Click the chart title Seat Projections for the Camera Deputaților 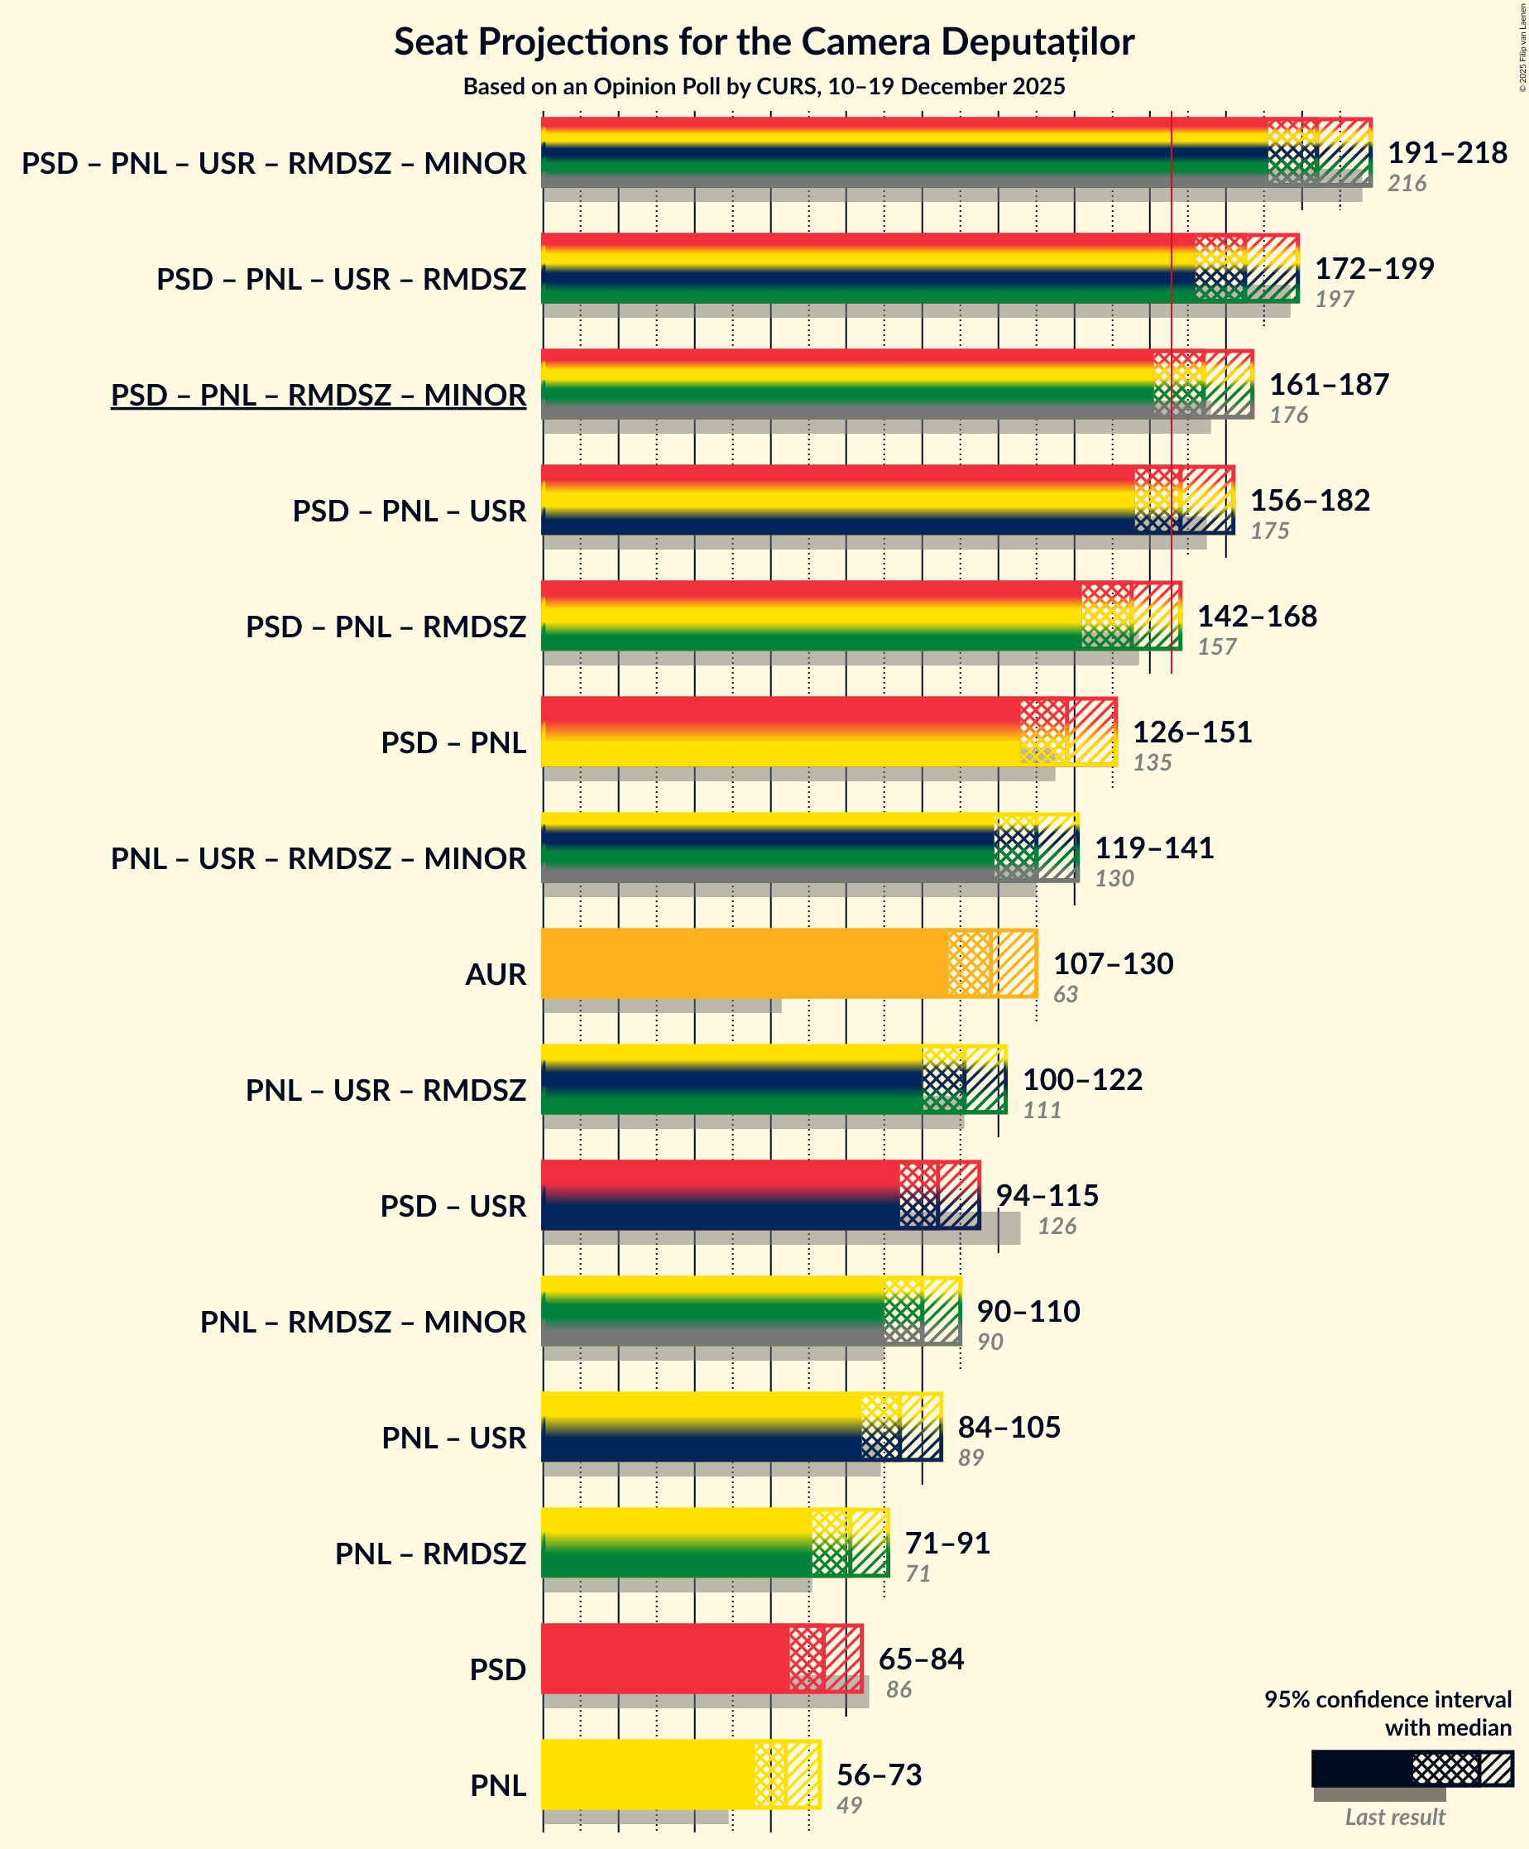click(x=763, y=42)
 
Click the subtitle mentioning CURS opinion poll click(x=763, y=86)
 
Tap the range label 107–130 click(x=1113, y=963)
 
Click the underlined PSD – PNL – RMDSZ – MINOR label click(x=318, y=395)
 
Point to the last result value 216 click(x=1406, y=183)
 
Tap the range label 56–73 click(x=879, y=1775)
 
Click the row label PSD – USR click(x=453, y=1205)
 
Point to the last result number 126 click(x=1057, y=1226)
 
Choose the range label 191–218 click(x=1446, y=152)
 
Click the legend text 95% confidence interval click(x=1388, y=1699)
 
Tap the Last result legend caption click(x=1394, y=1817)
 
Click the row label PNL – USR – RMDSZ click(x=386, y=1090)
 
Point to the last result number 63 click(x=1065, y=994)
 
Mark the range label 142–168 click(x=1256, y=616)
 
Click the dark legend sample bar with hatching click(x=1411, y=1768)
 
